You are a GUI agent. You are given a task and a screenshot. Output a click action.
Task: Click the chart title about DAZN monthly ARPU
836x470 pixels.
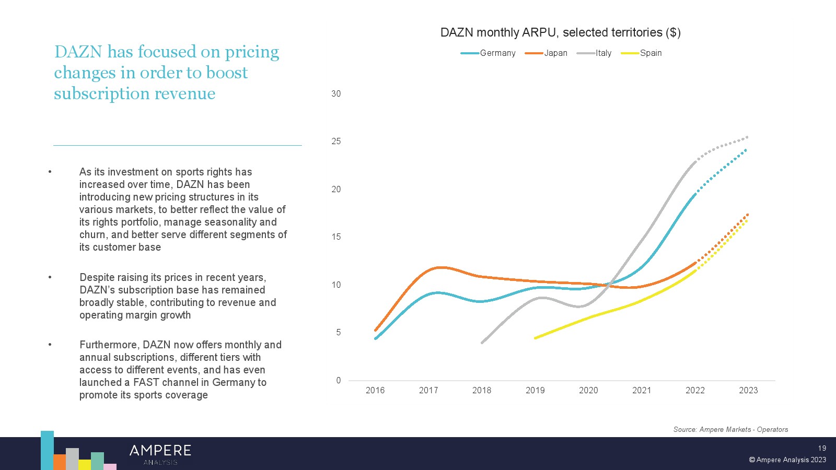coord(560,32)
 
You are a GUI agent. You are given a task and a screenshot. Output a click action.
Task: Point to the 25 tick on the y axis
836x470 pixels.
coord(336,142)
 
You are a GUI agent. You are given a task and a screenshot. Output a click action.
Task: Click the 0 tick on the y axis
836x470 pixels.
coord(339,380)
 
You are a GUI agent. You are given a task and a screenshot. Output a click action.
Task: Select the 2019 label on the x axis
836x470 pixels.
coord(535,390)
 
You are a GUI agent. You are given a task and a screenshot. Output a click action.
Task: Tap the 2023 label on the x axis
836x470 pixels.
coord(748,390)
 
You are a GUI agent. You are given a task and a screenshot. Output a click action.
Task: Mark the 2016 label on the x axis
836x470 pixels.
coord(375,390)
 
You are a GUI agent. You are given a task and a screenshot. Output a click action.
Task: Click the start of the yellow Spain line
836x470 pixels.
coord(535,338)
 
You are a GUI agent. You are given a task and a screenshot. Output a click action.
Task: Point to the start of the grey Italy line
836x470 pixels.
coord(482,343)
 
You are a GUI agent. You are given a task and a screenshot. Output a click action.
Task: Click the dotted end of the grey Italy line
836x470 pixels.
coord(747,137)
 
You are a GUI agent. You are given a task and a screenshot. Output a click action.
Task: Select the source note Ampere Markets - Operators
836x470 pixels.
coord(730,429)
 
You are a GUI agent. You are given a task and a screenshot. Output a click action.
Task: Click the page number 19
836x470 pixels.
coord(822,448)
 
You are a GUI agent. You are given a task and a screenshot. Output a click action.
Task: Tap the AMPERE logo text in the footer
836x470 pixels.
coord(160,451)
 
